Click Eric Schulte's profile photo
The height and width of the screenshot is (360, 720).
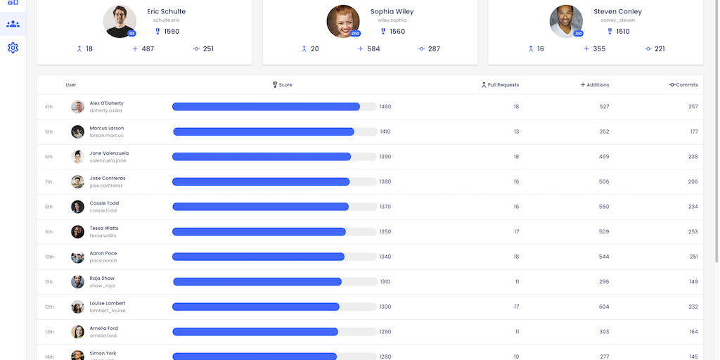[x=120, y=21]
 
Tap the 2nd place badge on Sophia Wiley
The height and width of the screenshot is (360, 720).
[x=355, y=33]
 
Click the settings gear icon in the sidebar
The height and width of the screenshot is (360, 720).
[x=13, y=48]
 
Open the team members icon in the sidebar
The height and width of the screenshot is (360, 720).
[x=13, y=24]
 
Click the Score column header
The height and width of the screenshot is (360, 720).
[x=283, y=85]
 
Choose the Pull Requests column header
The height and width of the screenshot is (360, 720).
[x=500, y=85]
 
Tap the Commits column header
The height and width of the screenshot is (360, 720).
[x=683, y=85]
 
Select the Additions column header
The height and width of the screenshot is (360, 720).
[x=595, y=85]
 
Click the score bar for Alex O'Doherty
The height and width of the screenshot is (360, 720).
[x=266, y=107]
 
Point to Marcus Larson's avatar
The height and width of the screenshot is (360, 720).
[x=77, y=131]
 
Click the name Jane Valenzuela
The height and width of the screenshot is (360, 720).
[x=109, y=153]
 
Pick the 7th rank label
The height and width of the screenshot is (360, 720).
[x=49, y=182]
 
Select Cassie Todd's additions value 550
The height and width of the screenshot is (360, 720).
[x=604, y=207]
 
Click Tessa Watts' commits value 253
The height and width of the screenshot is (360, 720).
[x=693, y=232]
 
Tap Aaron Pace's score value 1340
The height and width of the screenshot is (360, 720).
[x=385, y=257]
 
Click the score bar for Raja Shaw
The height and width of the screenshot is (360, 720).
[x=257, y=282]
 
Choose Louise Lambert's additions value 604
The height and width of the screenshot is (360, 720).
[x=604, y=307]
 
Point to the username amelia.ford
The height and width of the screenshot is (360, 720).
[x=103, y=336]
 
